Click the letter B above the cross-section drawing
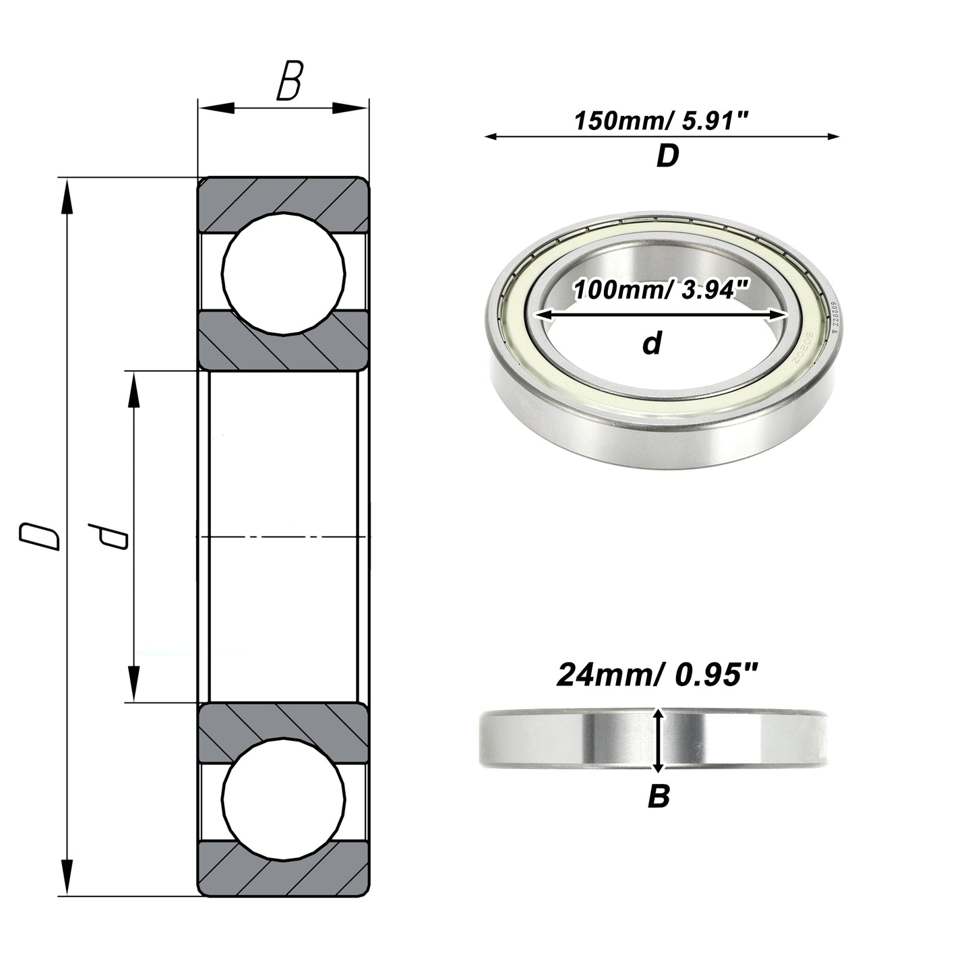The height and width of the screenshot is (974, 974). [x=290, y=80]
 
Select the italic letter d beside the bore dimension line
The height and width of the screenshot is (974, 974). [x=108, y=537]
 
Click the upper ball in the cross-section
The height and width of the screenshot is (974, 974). [x=284, y=274]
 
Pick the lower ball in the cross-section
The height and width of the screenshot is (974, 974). [x=284, y=799]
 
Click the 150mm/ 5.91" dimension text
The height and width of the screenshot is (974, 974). [x=661, y=121]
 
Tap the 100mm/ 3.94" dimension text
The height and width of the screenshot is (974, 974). [x=661, y=290]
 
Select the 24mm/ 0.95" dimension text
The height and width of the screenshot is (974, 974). [x=658, y=675]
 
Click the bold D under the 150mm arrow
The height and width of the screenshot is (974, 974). [x=667, y=156]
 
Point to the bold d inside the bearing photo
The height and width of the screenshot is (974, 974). [x=652, y=344]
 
